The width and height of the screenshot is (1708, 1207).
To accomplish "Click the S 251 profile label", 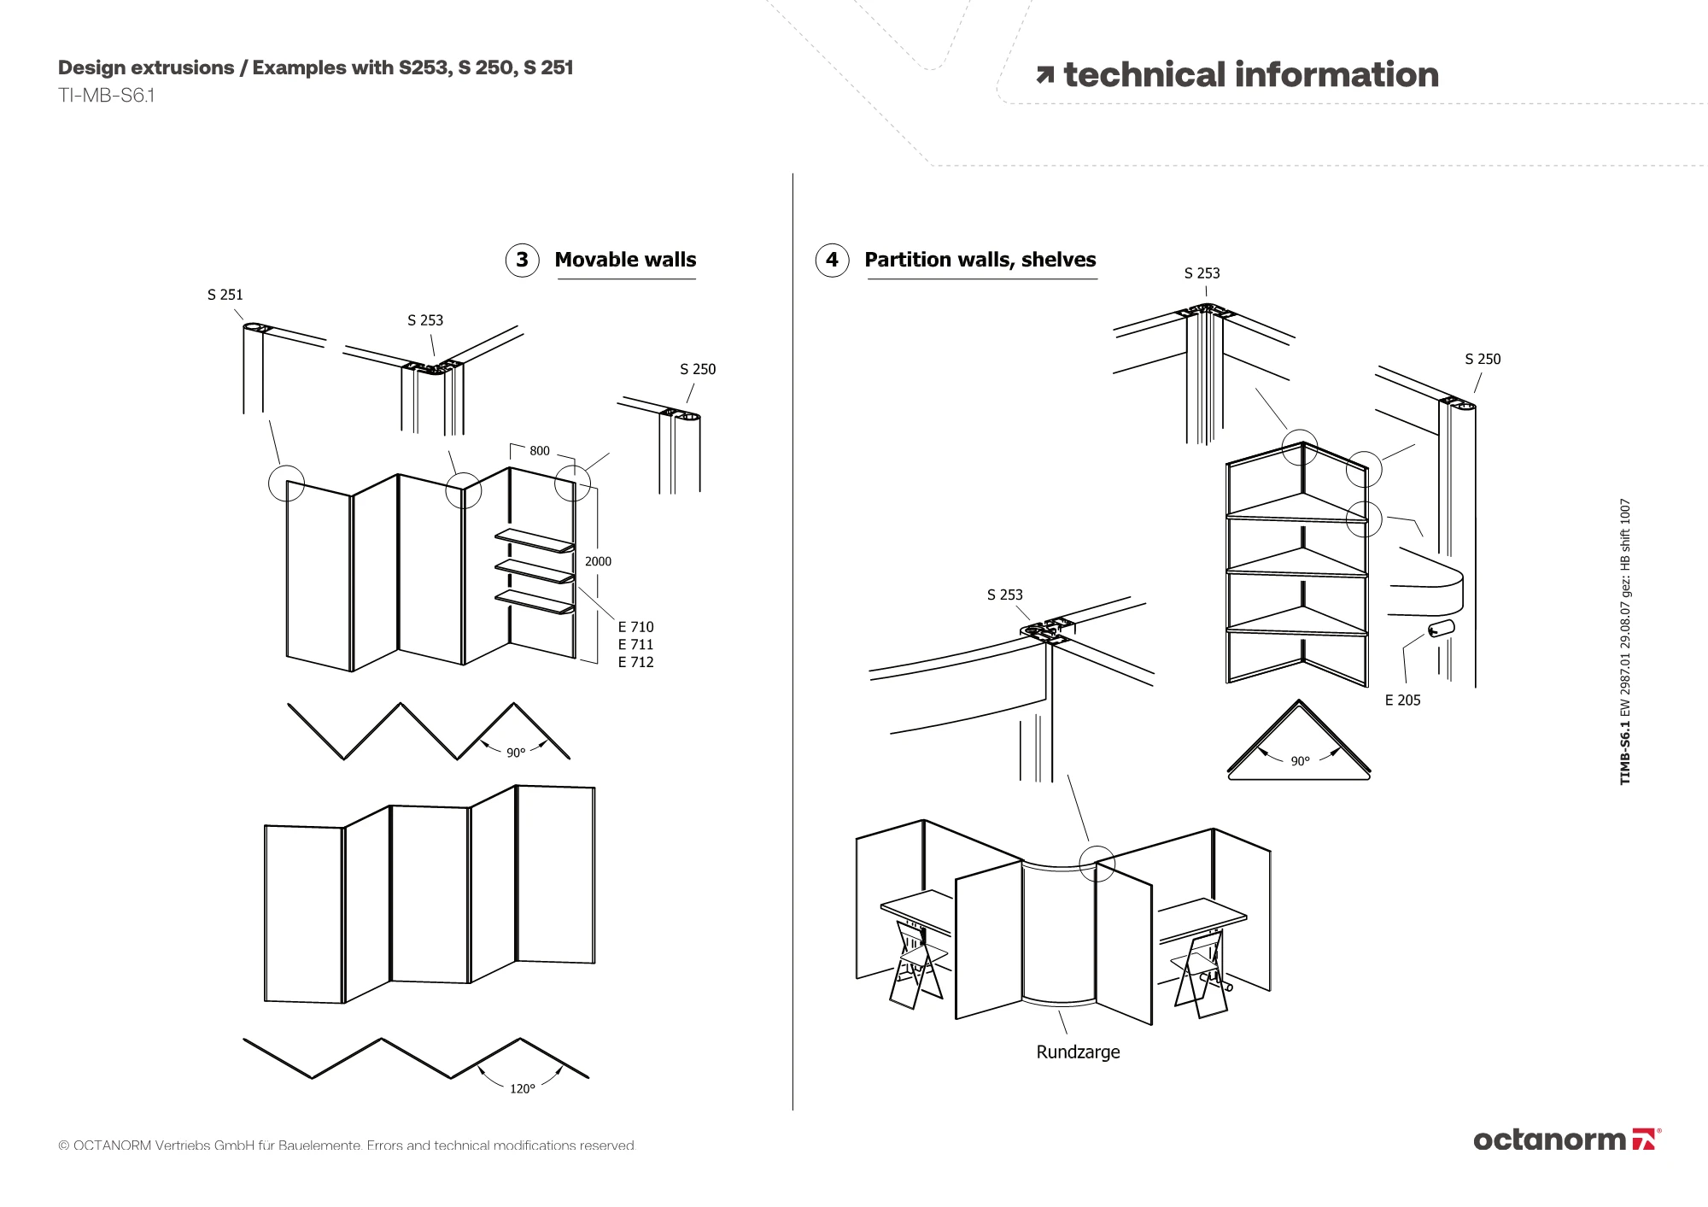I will tap(225, 295).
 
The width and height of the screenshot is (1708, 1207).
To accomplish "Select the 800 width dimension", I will tap(540, 451).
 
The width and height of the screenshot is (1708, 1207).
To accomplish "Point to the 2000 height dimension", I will tap(598, 561).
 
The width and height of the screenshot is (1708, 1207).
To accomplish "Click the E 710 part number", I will tap(635, 627).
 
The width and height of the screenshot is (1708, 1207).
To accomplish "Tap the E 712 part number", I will tap(635, 662).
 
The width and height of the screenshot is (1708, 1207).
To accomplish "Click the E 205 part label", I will tap(1402, 700).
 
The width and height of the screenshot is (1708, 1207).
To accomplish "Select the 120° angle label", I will tap(522, 1089).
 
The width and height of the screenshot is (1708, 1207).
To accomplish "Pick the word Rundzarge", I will tap(1078, 1052).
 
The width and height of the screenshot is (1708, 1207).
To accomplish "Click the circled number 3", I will tap(522, 260).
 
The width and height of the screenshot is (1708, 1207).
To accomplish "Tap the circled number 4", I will tap(832, 260).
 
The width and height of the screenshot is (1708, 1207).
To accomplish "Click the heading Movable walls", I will tap(625, 260).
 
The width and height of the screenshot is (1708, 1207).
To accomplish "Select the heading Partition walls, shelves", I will tap(980, 260).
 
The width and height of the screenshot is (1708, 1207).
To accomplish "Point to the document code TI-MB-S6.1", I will tap(106, 95).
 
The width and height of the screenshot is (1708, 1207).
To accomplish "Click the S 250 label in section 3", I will tap(698, 369).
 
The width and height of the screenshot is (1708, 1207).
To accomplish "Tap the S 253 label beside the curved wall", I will tap(1004, 595).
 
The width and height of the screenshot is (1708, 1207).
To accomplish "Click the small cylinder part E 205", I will tap(1439, 630).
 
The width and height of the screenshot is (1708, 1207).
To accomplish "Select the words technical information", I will tap(1250, 75).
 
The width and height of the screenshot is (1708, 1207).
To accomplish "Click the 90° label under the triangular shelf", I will tap(1300, 761).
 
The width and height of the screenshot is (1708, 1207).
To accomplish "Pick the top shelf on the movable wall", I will tap(535, 540).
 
